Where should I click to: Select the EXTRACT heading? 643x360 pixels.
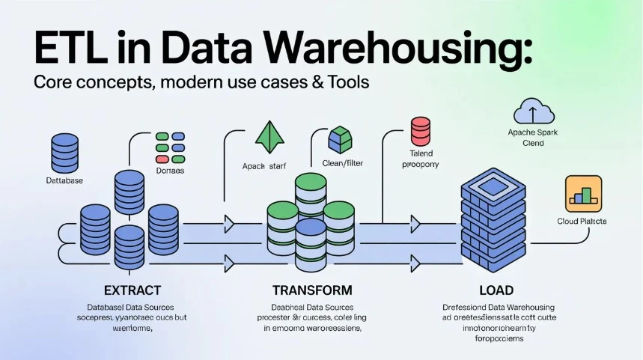tap(133, 290)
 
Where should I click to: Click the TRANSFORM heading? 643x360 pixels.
tap(312, 290)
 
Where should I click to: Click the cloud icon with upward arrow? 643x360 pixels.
tap(534, 113)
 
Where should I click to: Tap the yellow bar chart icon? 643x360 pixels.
tap(583, 193)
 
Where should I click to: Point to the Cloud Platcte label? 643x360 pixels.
tap(582, 222)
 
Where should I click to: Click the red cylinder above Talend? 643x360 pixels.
tap(421, 132)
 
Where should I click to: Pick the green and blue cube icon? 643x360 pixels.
tap(340, 141)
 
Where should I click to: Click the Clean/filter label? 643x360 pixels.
tap(342, 164)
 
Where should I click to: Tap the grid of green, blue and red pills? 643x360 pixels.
tap(170, 148)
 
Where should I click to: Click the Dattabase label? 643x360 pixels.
tap(64, 181)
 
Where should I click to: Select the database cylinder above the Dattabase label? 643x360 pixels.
tap(64, 153)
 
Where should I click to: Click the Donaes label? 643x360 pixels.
tap(169, 171)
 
